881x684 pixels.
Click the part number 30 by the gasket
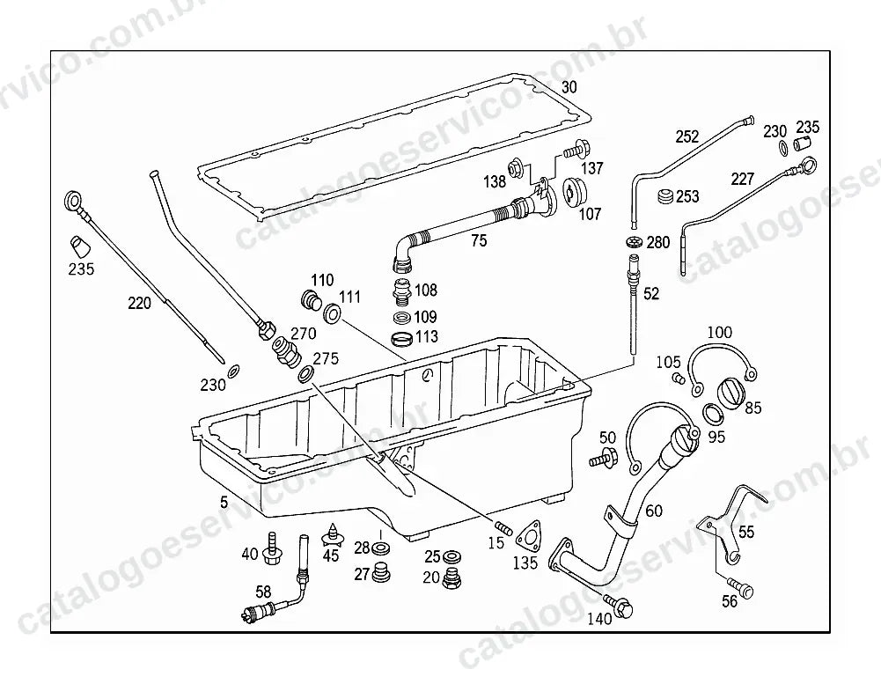point(569,87)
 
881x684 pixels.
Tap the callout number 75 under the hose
point(479,240)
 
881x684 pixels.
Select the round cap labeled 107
point(576,191)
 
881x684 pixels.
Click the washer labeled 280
point(635,242)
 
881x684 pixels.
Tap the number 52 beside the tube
point(651,293)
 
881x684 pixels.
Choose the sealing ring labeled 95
point(712,415)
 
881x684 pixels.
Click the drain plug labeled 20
point(450,578)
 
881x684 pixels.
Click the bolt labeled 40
point(273,547)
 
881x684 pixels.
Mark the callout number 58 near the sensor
point(263,592)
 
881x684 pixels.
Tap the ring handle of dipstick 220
point(74,201)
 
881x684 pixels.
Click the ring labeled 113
point(402,339)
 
